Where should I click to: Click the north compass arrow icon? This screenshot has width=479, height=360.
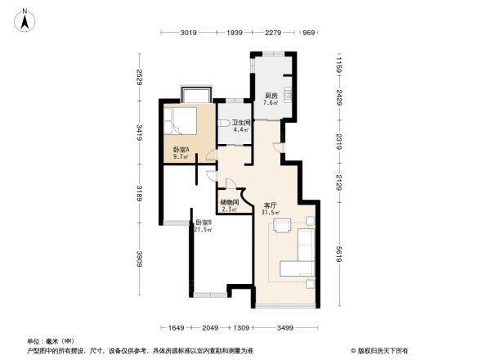pos(27,20)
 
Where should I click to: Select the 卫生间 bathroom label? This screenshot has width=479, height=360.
pos(240,124)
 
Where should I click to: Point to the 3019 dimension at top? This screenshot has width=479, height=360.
pos(190,34)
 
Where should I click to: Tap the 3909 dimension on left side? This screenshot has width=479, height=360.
pos(140,259)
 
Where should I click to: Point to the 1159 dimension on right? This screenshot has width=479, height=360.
pos(337,62)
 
